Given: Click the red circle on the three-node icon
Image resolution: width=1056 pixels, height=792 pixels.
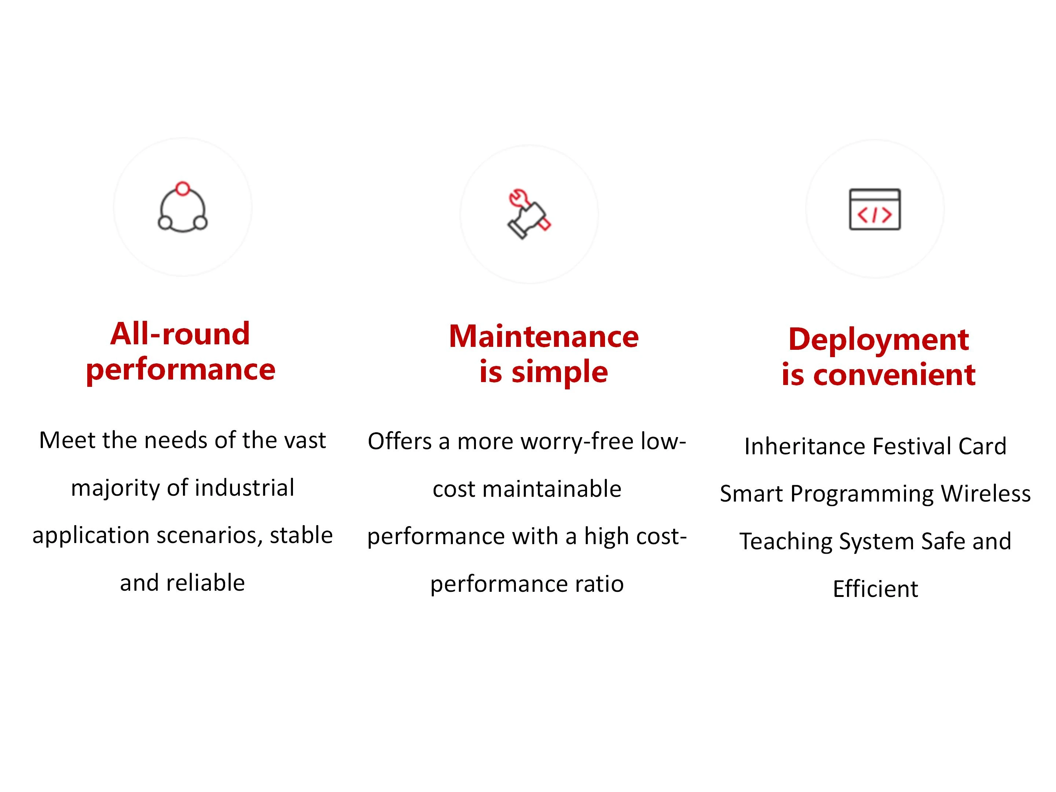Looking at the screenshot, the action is [183, 188].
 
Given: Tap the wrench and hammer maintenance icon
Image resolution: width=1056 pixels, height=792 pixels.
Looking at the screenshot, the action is [529, 214].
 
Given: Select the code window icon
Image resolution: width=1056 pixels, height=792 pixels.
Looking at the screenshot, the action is [874, 209].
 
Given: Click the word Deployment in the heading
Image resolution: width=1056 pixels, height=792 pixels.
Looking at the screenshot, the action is [879, 340].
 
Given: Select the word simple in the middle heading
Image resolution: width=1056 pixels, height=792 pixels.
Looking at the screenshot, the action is [560, 373].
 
